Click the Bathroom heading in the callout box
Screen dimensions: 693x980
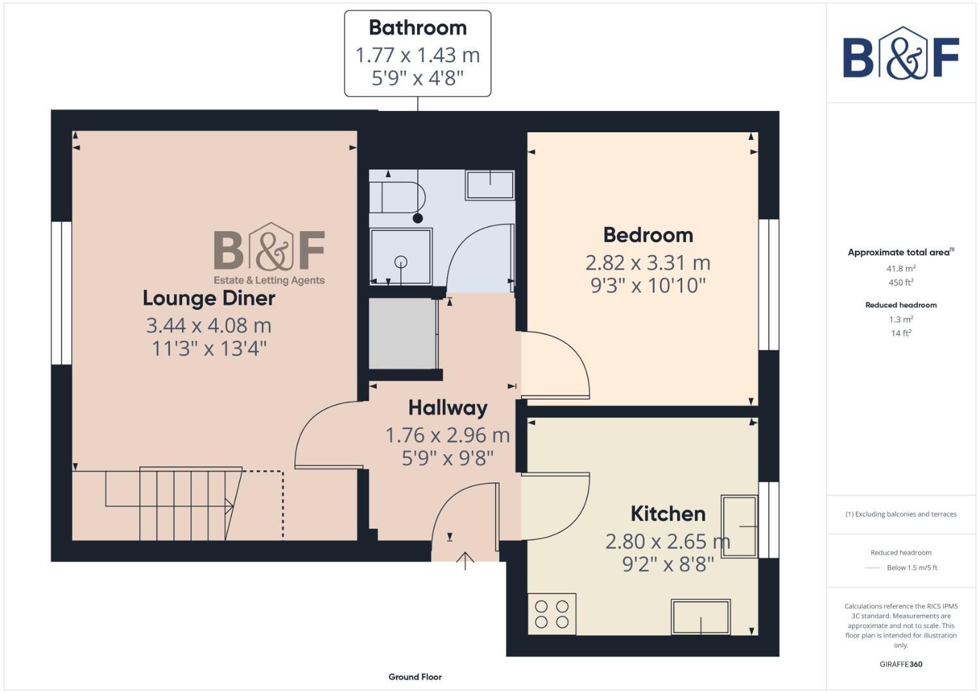coord(417,28)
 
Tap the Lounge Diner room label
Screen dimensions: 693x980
coord(209,298)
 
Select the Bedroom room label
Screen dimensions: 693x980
coord(648,235)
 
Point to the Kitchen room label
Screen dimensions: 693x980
coord(667,513)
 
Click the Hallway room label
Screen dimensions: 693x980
coord(447,407)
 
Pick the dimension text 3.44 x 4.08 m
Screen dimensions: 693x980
coord(209,325)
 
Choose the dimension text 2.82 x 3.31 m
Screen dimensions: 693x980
coord(648,262)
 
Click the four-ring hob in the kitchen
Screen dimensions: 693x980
coord(552,614)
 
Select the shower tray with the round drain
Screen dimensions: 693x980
coord(400,256)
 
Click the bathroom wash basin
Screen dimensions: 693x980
coord(490,185)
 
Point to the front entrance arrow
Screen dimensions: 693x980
coord(465,560)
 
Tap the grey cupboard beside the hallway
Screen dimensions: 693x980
coord(402,334)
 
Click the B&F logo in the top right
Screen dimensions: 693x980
coord(900,55)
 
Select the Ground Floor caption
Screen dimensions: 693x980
coord(415,676)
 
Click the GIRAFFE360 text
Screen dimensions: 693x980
coord(900,664)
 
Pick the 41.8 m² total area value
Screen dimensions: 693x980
coord(900,268)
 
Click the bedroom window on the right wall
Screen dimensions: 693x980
coord(768,284)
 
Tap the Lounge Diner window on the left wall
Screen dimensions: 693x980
coord(62,293)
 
